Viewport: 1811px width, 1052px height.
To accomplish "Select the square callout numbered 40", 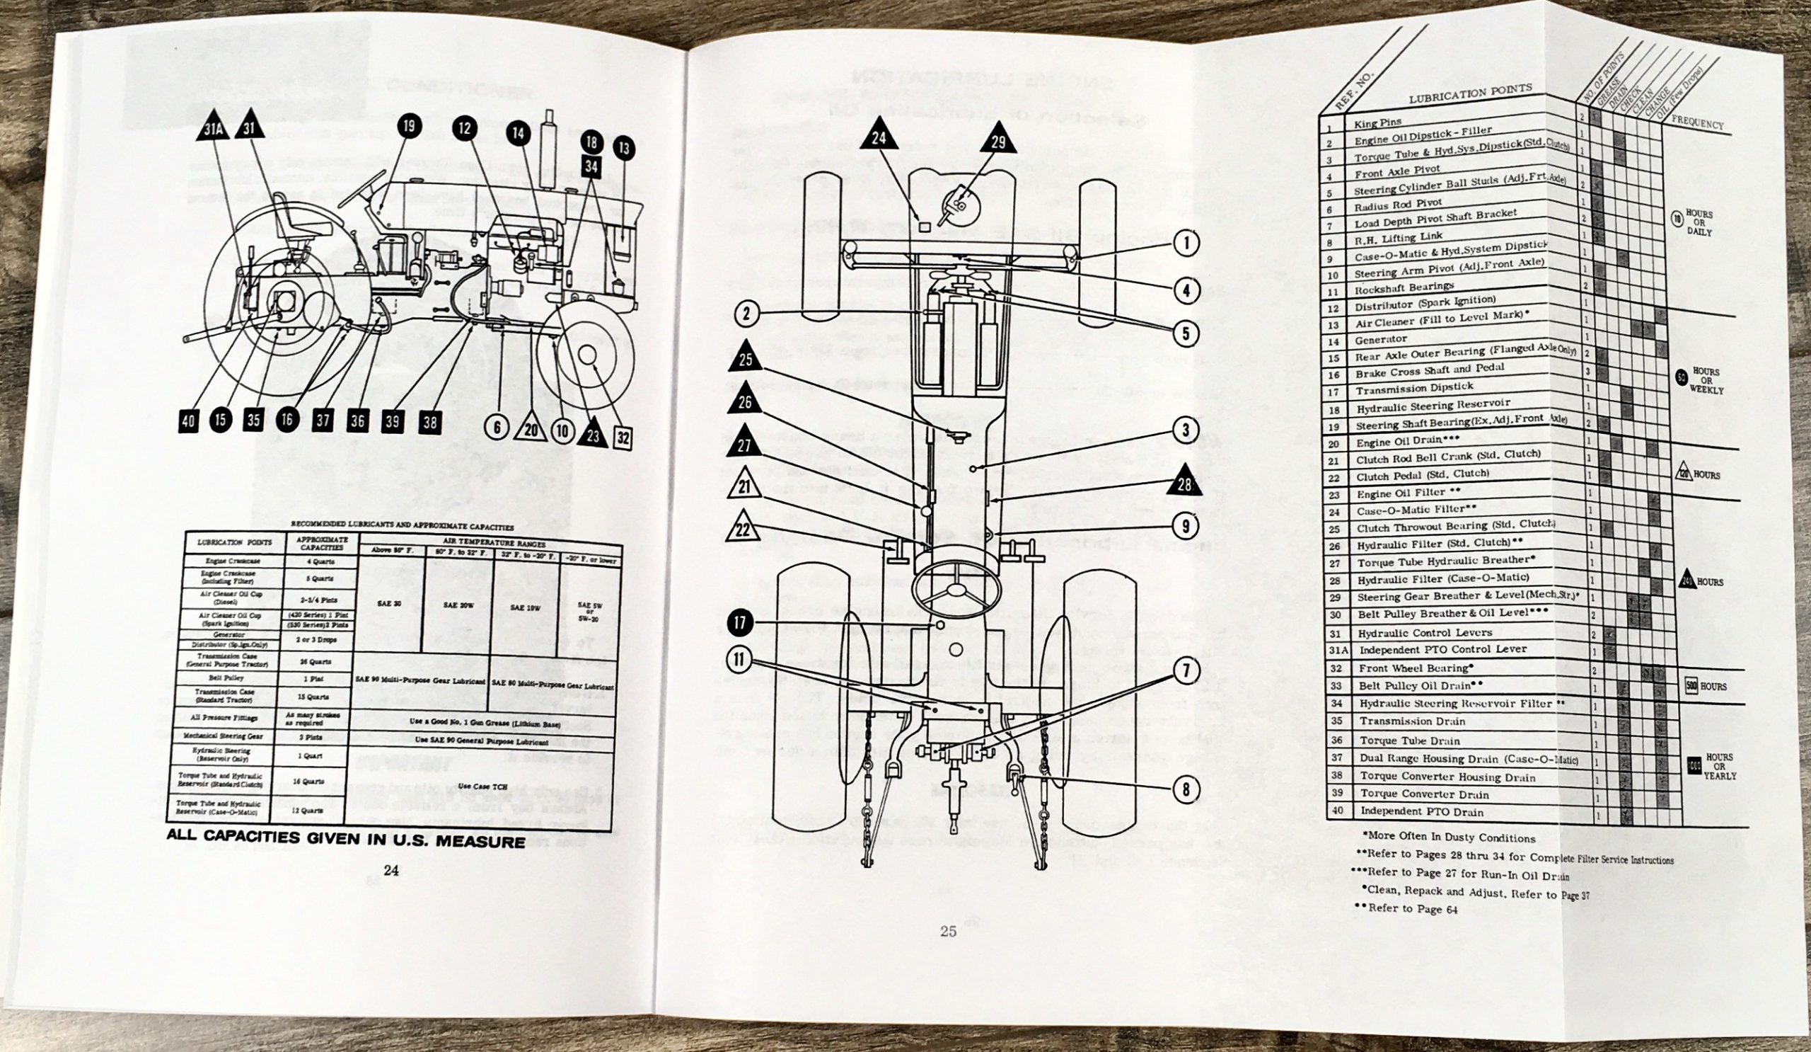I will click(x=188, y=421).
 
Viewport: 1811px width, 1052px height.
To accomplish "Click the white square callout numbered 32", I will click(x=624, y=436).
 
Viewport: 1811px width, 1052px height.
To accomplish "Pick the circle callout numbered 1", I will click(x=1186, y=244).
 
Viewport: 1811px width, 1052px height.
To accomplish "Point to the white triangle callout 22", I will click(x=744, y=532).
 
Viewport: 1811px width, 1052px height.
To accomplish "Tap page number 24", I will click(x=391, y=871).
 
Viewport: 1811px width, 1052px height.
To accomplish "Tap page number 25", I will click(x=948, y=931).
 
